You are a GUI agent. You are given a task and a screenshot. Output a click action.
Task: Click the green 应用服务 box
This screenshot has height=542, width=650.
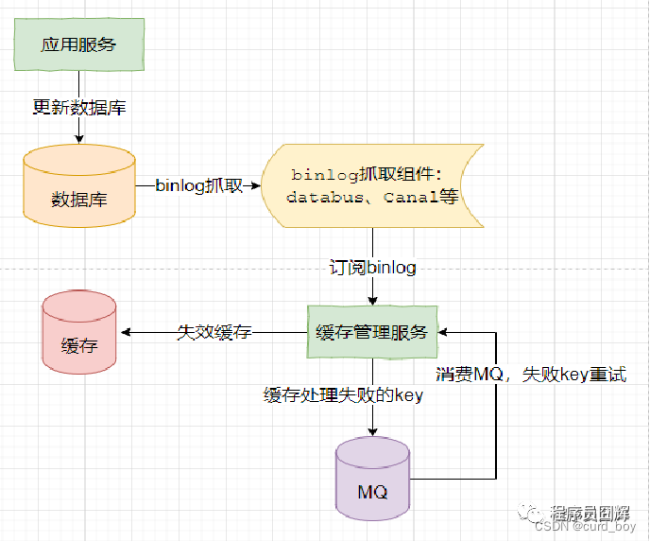[x=78, y=45]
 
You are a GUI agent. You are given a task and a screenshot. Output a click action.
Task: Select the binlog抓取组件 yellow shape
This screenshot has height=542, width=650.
[x=372, y=185]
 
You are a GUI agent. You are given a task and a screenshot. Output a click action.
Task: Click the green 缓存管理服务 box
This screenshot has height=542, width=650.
[x=371, y=332]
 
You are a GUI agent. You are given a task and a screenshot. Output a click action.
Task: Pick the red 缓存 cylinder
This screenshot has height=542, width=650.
[x=79, y=334]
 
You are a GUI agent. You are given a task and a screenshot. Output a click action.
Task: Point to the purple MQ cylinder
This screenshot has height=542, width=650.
[x=372, y=481]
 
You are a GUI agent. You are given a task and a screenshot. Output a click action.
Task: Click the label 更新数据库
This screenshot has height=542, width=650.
[x=78, y=108]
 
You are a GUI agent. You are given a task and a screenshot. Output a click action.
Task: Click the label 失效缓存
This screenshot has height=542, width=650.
[x=214, y=332]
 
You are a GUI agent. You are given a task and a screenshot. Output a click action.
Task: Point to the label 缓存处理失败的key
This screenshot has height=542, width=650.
[x=343, y=396]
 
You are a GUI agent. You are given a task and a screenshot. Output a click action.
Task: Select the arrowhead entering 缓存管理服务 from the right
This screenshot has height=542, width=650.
[x=445, y=332]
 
